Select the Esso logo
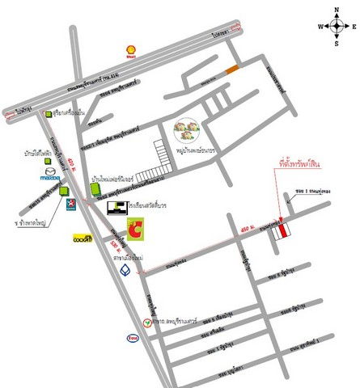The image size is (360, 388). click(x=131, y=339)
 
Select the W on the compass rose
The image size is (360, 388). click(x=320, y=26)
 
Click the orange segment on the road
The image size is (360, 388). click(x=233, y=70)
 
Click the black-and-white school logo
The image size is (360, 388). click(x=117, y=209)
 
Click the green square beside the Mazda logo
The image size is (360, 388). click(x=64, y=192)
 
